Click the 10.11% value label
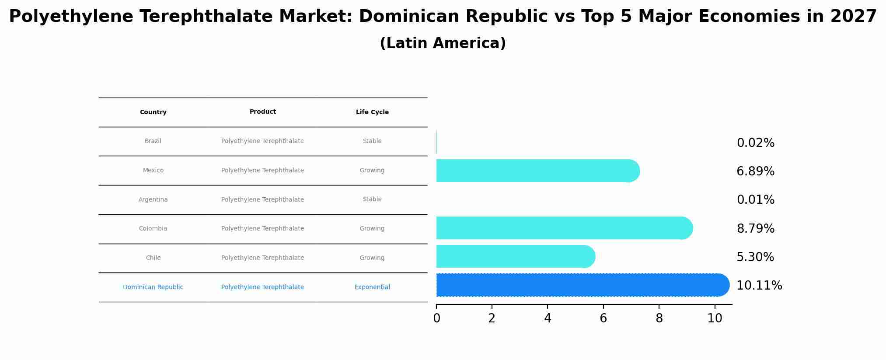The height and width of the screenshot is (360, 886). [x=759, y=286]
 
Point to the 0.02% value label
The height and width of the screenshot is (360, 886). [x=755, y=143]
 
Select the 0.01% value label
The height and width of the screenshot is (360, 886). [x=755, y=200]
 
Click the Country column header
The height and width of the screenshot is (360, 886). [x=153, y=112]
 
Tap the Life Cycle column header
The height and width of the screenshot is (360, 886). [x=372, y=112]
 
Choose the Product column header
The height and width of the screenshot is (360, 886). [x=262, y=112]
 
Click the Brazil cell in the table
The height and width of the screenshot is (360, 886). [x=153, y=141]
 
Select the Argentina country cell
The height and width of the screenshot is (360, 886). [x=153, y=200]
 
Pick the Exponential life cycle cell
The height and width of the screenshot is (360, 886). [x=372, y=287]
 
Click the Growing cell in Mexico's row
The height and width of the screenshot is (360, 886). [x=372, y=171]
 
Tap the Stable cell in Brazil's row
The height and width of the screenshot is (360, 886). [x=372, y=141]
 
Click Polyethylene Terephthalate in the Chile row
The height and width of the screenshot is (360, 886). [x=262, y=258]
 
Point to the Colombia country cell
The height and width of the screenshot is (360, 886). [x=153, y=229]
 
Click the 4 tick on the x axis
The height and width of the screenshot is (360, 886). [x=548, y=318]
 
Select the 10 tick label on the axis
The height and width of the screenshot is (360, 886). [x=715, y=318]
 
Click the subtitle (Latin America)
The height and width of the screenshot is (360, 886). [x=443, y=43]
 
